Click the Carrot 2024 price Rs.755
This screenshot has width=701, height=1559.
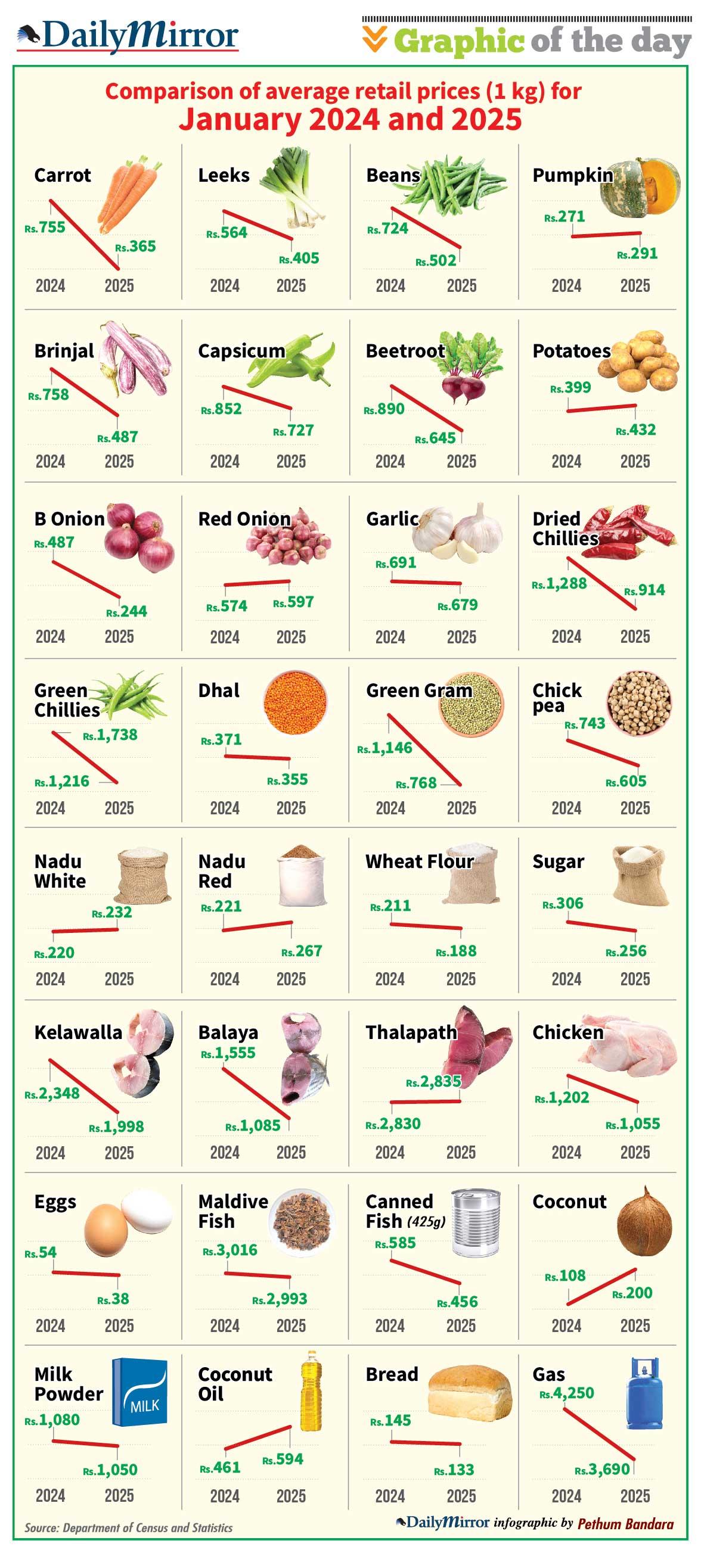pos(45,228)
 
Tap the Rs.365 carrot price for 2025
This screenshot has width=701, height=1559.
pos(135,246)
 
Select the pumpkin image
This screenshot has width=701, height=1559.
pos(640,186)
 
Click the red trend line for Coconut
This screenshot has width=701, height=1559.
pos(601,1286)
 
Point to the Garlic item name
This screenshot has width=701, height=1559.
pos(392,519)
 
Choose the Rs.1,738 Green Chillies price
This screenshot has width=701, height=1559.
pos(110,735)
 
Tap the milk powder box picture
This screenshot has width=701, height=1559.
pos(140,1392)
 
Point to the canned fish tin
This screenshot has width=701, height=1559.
pos(477,1223)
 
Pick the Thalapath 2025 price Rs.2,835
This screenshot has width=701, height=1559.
pos(433,1081)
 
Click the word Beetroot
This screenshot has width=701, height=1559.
pos(405,351)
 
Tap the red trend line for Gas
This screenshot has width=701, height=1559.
pos(599,1434)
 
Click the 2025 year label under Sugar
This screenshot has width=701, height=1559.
pos(635,979)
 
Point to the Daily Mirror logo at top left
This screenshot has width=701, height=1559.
pos(128,36)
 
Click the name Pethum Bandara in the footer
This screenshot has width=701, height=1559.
pos(625,1524)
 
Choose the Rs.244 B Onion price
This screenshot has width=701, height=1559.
pos(126,611)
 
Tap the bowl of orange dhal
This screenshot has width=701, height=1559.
pos(296,702)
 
